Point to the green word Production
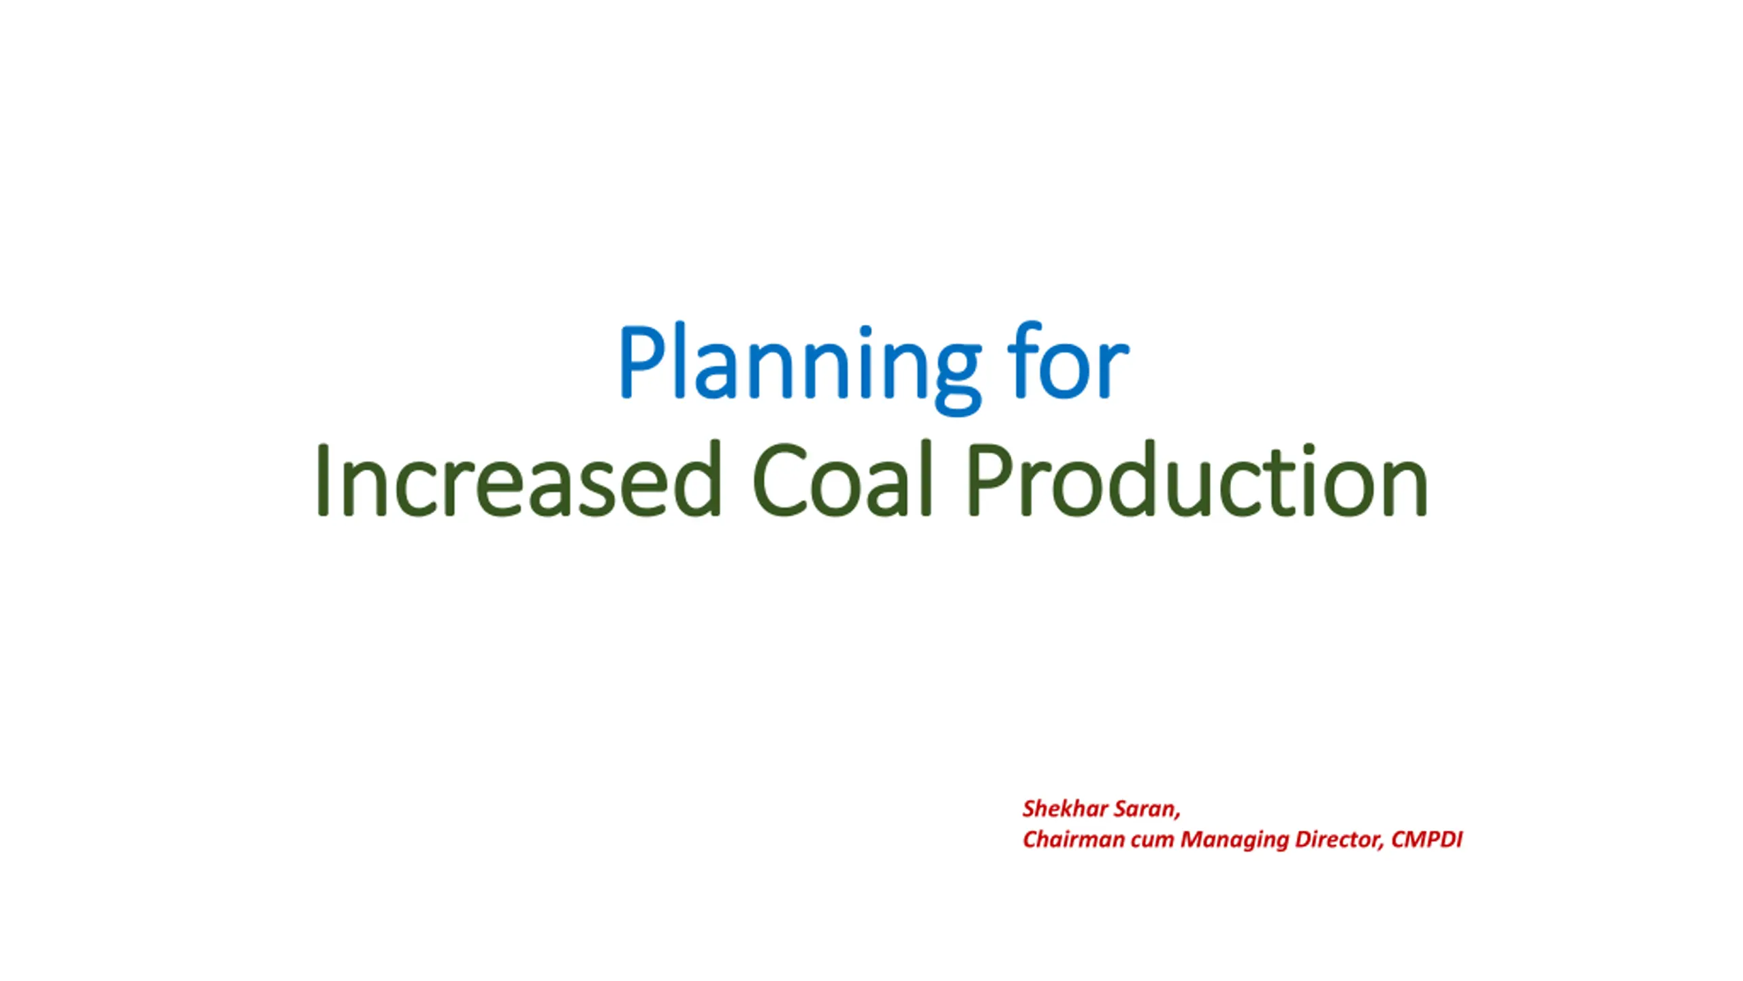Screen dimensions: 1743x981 1198,479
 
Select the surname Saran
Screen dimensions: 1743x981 1147,809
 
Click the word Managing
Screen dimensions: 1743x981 1234,841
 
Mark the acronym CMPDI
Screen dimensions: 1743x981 1426,839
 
